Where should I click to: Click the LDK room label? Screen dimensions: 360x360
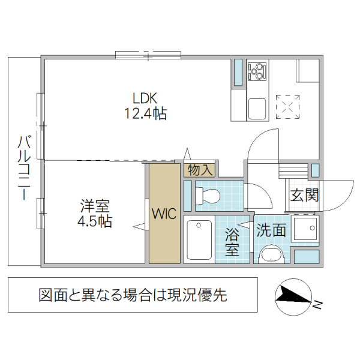(145, 98)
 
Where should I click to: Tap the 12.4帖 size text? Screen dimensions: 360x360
(145, 112)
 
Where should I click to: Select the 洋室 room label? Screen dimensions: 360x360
(95, 206)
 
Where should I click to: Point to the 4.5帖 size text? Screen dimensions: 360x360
(95, 221)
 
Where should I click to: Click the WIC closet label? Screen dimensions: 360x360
(164, 214)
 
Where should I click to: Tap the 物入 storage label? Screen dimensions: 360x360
(199, 170)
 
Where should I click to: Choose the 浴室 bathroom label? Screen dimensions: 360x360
(232, 242)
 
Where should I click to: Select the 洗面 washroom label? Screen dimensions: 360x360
(271, 230)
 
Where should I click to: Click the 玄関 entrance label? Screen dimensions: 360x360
(304, 196)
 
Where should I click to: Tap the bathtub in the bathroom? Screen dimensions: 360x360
(199, 241)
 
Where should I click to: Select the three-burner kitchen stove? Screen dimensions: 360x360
(257, 71)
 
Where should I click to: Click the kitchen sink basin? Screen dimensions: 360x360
(257, 109)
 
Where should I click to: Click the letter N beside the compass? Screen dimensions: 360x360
(317, 305)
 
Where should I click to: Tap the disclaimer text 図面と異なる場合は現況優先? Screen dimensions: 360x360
(133, 295)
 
